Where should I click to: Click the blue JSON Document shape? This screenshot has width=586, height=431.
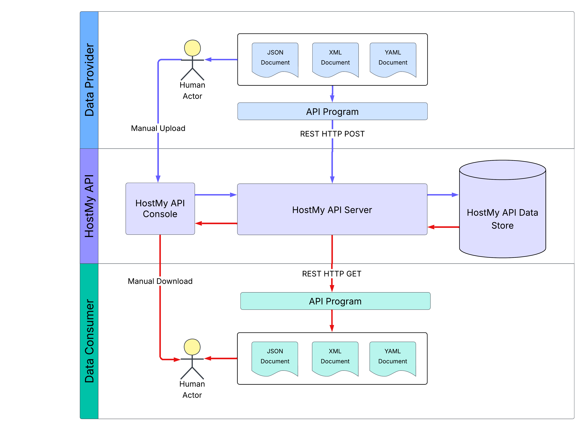275,59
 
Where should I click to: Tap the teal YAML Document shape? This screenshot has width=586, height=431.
392,357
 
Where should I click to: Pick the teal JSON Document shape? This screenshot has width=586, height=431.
275,357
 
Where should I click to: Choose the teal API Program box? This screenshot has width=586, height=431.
335,301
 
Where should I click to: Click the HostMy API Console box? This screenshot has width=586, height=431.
160,209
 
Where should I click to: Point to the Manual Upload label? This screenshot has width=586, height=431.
158,128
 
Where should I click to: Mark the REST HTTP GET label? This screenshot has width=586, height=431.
331,274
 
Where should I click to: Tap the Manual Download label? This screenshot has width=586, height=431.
160,281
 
